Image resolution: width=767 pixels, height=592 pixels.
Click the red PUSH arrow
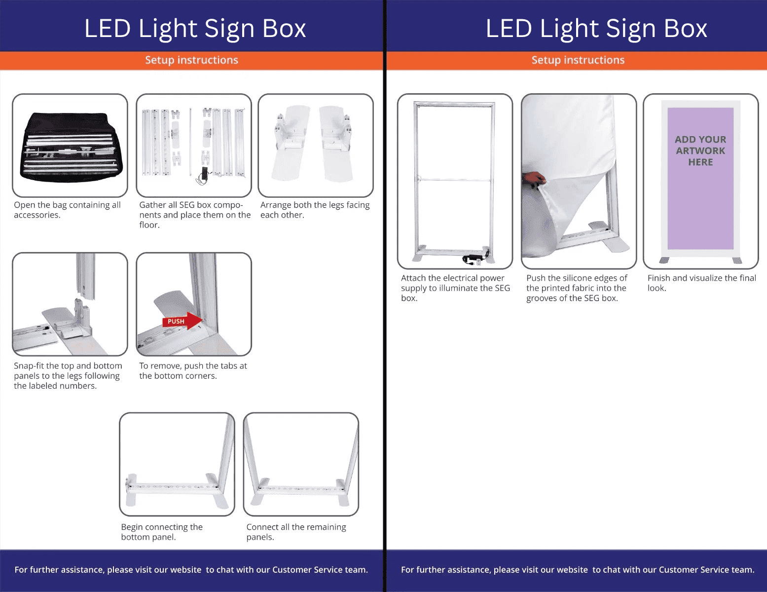(183, 321)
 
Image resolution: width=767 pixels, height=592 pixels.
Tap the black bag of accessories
(72, 147)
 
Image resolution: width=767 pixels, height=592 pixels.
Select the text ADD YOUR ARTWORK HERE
(700, 151)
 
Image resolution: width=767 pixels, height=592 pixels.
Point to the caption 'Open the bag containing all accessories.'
(67, 210)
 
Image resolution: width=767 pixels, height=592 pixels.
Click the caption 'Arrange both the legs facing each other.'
(315, 210)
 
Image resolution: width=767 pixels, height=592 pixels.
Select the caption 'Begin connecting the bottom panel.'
(162, 532)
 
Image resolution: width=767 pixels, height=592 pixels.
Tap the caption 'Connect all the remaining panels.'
(296, 532)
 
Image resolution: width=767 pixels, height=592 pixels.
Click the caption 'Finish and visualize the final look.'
(702, 283)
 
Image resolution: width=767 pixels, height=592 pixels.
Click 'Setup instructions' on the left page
(192, 60)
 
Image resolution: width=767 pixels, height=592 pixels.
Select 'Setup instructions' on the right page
(578, 60)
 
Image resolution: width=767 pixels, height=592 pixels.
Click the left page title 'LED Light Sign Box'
(195, 29)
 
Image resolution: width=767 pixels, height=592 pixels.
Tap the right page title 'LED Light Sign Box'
(596, 29)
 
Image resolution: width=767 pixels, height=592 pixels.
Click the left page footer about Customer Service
(191, 569)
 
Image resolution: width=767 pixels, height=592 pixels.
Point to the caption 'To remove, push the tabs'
(193, 370)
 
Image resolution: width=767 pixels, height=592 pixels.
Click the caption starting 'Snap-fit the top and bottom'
(68, 375)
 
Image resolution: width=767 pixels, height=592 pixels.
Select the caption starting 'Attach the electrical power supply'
(455, 288)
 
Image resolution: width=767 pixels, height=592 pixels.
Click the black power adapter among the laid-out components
(204, 176)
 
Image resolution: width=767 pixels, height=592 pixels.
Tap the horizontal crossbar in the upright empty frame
(454, 180)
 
